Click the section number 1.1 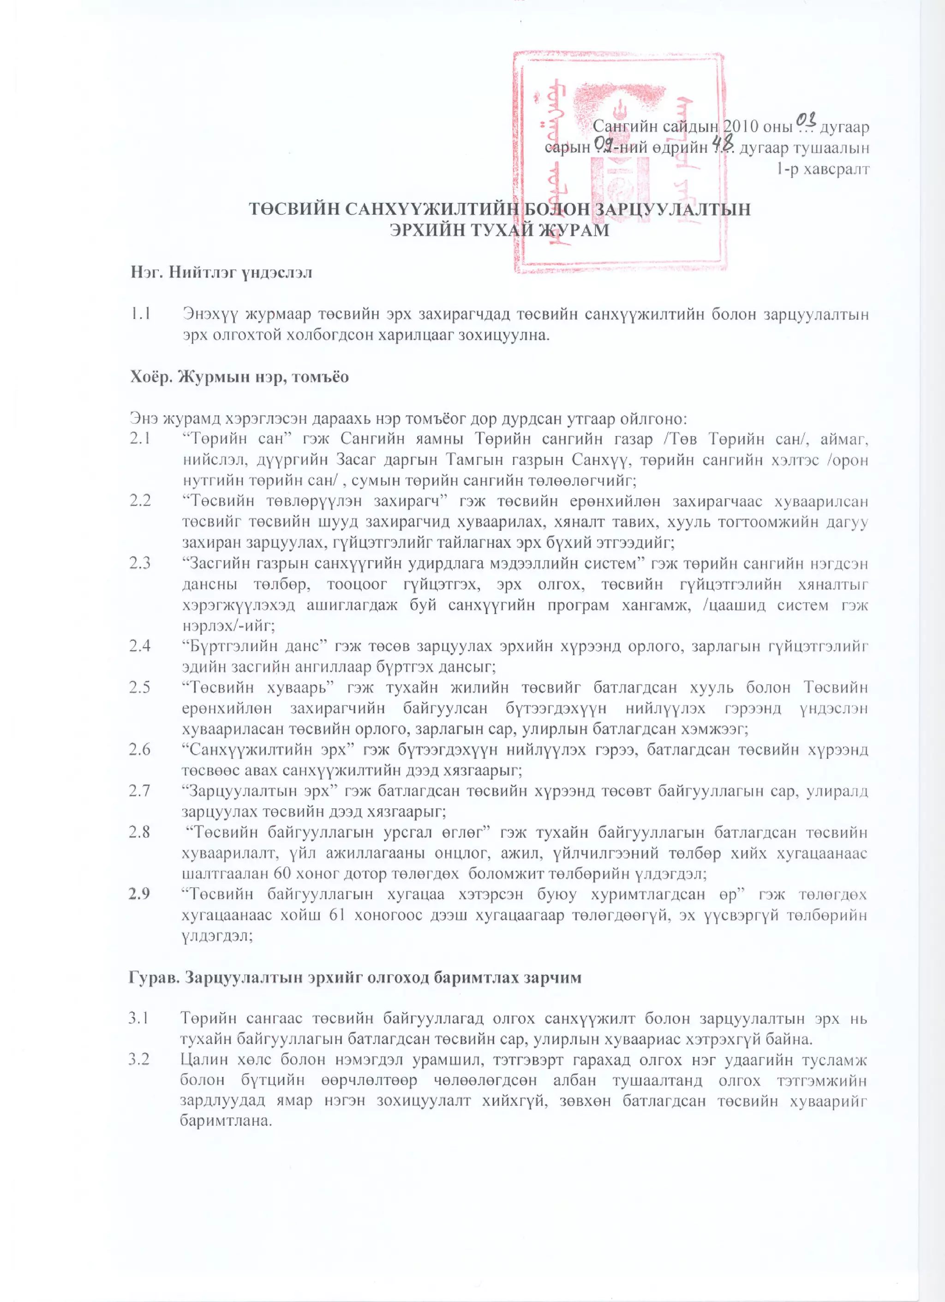click(141, 314)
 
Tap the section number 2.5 click(140, 687)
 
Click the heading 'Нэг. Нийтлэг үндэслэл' click(221, 272)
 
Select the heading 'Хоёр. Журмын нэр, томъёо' click(239, 376)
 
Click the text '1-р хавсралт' click(823, 169)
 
